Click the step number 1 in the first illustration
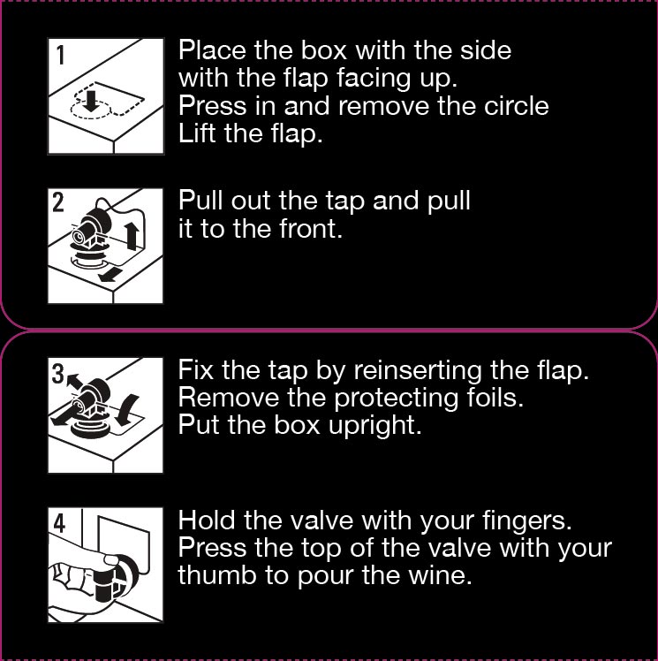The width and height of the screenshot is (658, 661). point(61,55)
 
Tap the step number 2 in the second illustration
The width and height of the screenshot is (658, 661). point(58,202)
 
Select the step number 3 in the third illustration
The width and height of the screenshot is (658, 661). point(57,374)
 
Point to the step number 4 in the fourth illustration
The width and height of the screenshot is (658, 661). point(59,524)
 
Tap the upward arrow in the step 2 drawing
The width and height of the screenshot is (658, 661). point(132,236)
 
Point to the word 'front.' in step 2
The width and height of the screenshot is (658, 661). point(311,229)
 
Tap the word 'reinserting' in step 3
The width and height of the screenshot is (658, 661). point(418,371)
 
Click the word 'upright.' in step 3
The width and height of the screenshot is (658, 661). point(374,426)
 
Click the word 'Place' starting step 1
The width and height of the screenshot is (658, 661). point(212,49)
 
